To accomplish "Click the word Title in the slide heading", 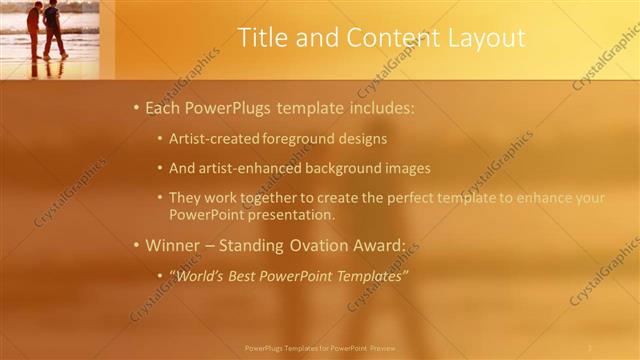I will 263,38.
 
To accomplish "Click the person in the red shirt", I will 35,27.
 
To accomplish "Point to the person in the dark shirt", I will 52,28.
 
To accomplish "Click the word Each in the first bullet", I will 163,107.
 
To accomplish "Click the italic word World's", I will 197,275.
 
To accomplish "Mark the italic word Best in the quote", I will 246,275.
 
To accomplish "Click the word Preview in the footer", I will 382,348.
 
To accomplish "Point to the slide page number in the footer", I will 590,347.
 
